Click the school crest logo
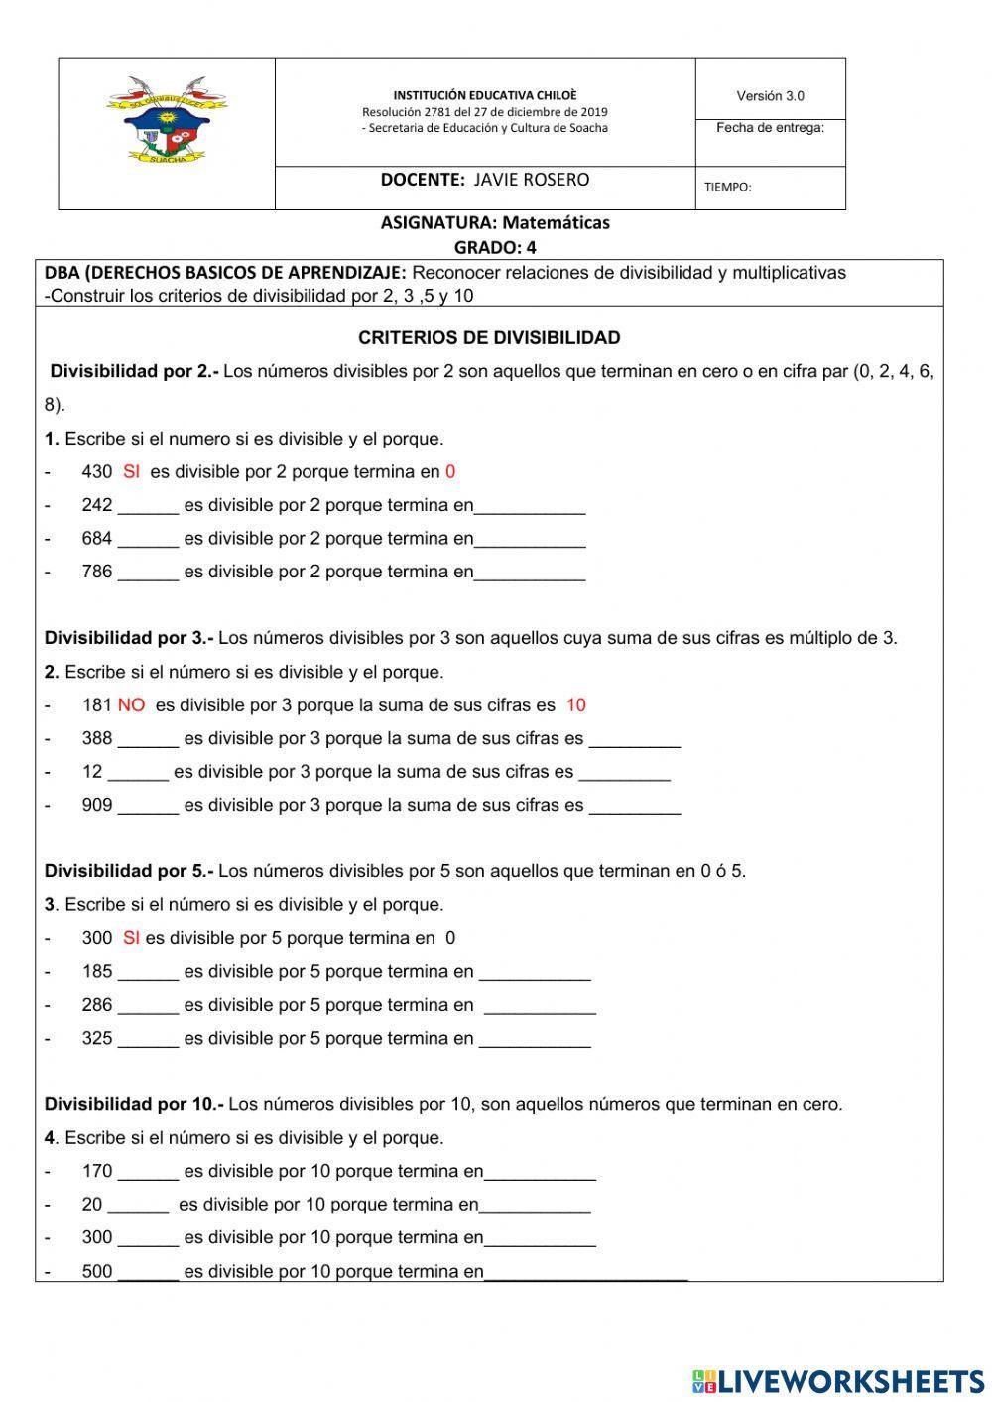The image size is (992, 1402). click(167, 119)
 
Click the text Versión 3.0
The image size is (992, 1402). click(770, 96)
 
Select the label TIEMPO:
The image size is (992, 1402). click(727, 187)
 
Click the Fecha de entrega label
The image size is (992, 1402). click(770, 127)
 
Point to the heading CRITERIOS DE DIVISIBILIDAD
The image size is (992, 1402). click(489, 338)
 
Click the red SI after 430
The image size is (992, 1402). click(131, 472)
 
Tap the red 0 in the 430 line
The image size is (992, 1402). click(450, 472)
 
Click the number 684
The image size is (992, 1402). click(97, 539)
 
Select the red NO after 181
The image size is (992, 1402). click(131, 705)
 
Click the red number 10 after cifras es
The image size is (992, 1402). click(575, 705)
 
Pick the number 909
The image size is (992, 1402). click(97, 805)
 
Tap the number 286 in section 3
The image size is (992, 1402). click(97, 1005)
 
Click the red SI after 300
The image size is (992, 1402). click(131, 938)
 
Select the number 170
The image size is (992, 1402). click(97, 1172)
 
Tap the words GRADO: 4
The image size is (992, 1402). click(494, 247)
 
